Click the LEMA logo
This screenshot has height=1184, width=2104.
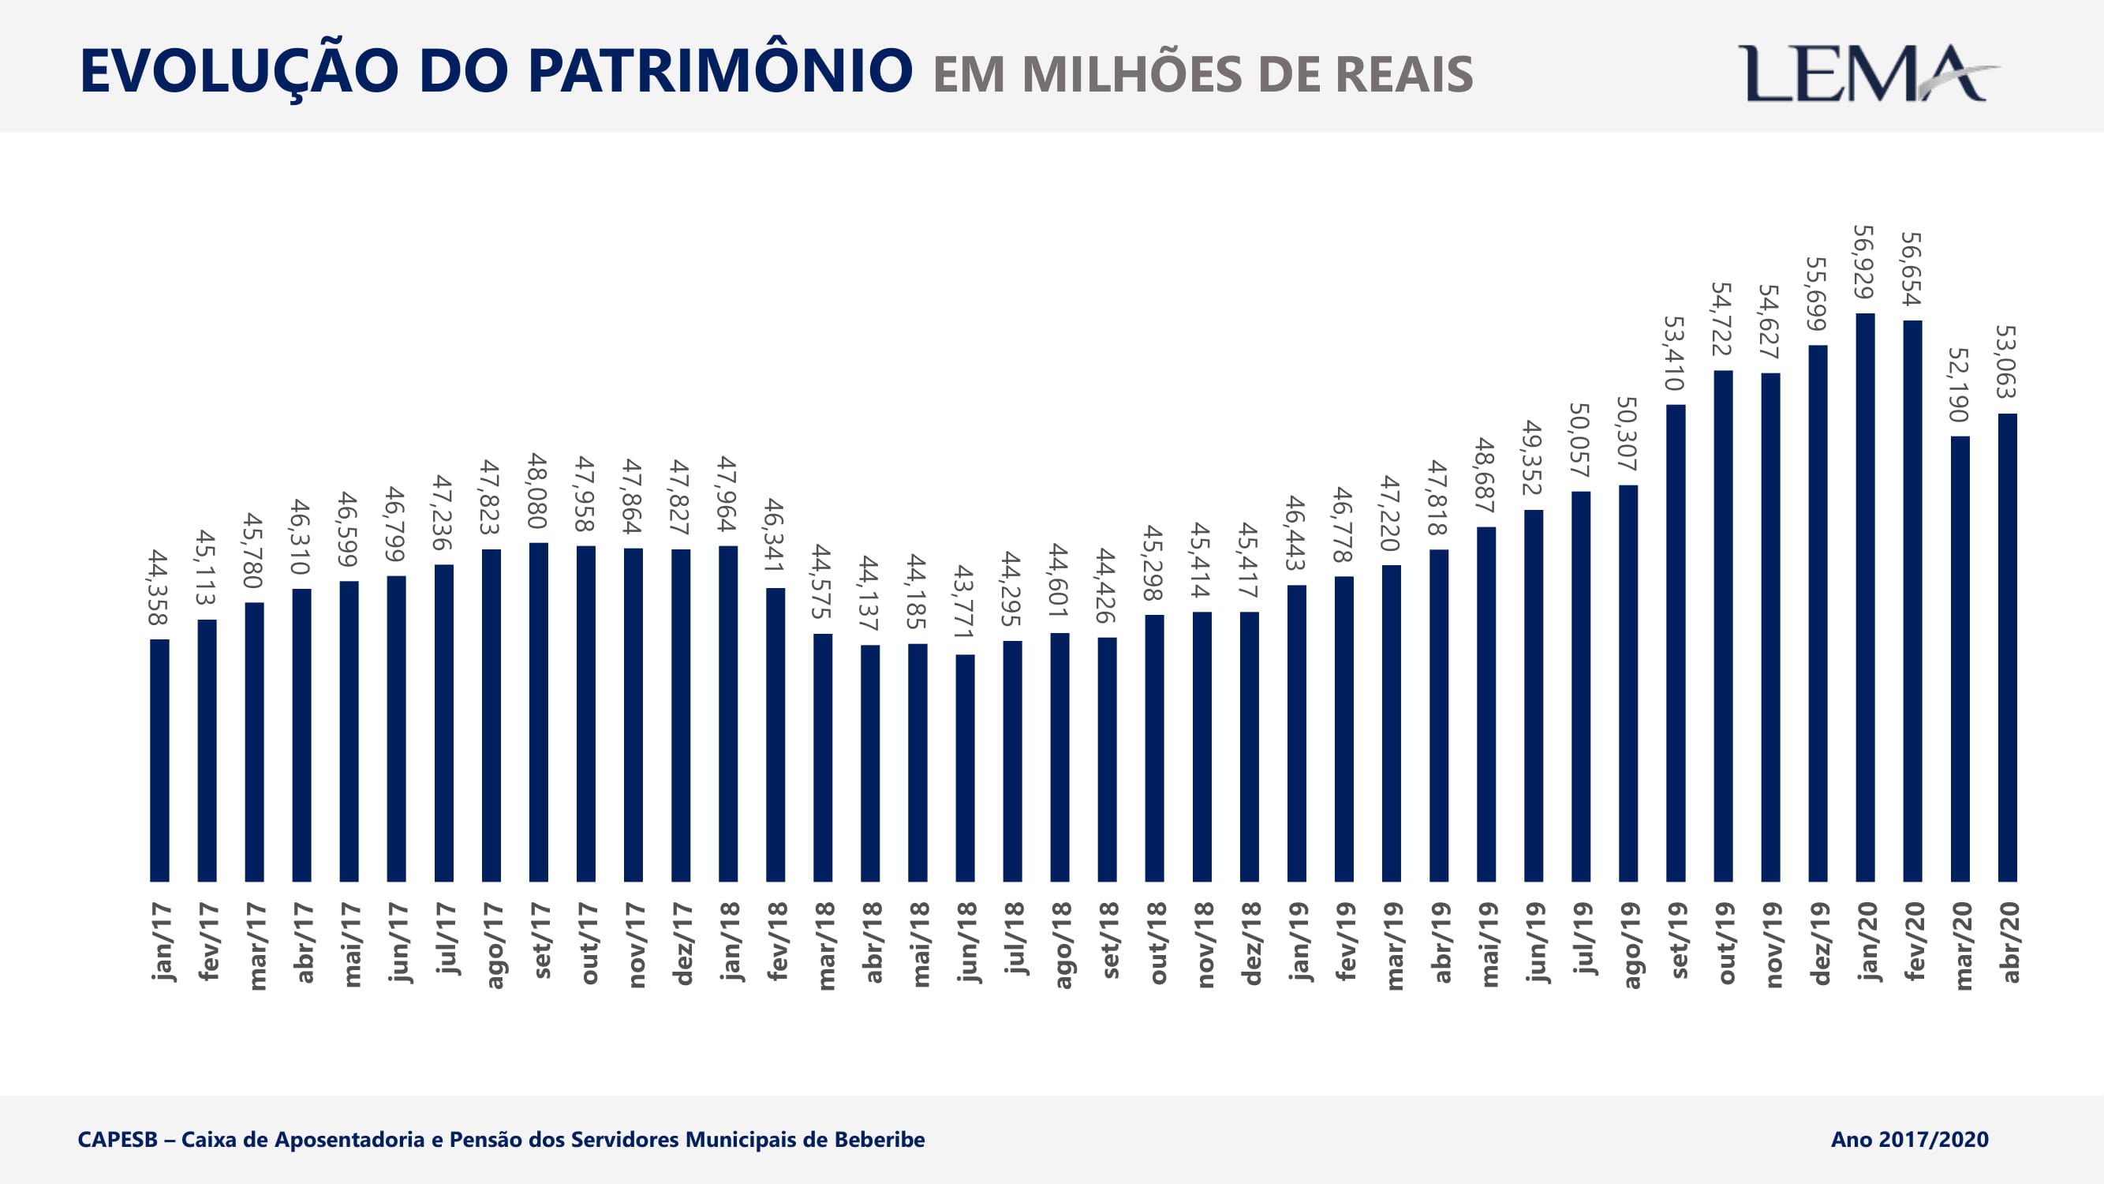(x=1867, y=73)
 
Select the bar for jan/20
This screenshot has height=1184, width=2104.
(x=1866, y=597)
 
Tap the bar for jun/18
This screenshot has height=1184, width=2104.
(x=965, y=768)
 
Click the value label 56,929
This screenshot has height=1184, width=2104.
(x=1863, y=261)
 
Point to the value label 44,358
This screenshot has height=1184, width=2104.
(x=158, y=587)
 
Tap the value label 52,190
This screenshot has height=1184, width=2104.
(x=1958, y=384)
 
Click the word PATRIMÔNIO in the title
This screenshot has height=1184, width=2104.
(x=719, y=71)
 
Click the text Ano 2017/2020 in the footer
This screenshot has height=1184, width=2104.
(x=1909, y=1139)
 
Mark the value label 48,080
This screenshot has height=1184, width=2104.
(x=536, y=490)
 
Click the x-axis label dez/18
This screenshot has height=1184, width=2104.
(x=1250, y=944)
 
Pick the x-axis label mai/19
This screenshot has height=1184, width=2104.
(x=1487, y=944)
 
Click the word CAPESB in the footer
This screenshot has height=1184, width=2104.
(x=118, y=1139)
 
